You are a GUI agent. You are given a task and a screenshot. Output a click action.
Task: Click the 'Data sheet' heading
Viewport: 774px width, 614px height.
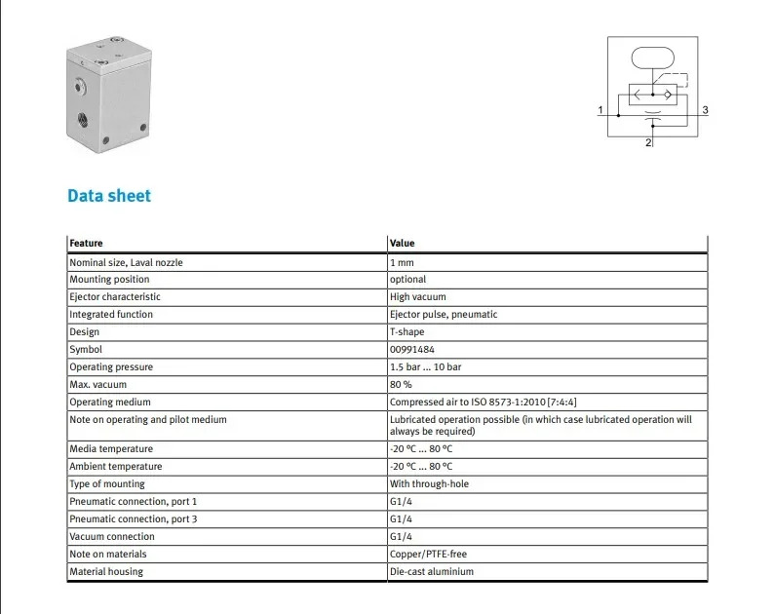[x=109, y=196]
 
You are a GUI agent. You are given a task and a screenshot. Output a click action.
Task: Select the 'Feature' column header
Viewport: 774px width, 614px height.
[x=86, y=243]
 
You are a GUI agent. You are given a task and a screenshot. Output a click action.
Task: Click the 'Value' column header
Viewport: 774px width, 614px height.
[x=402, y=243]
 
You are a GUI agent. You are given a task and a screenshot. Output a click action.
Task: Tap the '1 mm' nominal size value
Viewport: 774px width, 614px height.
[x=402, y=262]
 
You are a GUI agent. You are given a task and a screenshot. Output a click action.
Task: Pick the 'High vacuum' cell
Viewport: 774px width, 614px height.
[x=417, y=296]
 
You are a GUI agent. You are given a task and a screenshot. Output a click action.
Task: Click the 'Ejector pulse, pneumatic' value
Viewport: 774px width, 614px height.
[x=444, y=315]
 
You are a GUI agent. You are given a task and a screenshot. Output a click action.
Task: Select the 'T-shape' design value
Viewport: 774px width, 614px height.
[x=406, y=331]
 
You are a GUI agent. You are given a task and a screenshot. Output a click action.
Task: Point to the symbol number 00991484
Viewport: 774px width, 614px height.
[x=411, y=350]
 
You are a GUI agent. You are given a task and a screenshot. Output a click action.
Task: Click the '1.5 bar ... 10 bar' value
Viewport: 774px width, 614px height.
[x=425, y=366]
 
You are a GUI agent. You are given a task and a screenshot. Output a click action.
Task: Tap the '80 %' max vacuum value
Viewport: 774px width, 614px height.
[x=401, y=385]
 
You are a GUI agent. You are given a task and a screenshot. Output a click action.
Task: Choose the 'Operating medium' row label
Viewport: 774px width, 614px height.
[x=110, y=403]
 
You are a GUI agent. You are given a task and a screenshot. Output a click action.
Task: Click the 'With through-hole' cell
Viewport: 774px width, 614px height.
[x=429, y=483]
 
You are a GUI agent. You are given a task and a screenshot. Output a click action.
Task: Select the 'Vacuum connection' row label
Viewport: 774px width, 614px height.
[x=112, y=536]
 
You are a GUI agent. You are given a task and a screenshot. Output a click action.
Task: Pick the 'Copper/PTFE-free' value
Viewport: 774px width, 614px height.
[x=428, y=554]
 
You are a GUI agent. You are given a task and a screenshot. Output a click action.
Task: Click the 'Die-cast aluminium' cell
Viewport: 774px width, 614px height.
[x=432, y=571]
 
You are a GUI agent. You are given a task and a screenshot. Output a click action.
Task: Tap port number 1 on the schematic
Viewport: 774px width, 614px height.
[x=600, y=109]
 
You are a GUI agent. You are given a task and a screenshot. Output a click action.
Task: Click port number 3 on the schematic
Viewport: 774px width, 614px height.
[x=706, y=109]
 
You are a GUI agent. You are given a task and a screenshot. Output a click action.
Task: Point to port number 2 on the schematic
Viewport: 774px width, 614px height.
[x=648, y=142]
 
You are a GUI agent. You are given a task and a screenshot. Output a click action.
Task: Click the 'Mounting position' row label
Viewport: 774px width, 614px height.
[x=109, y=280]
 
